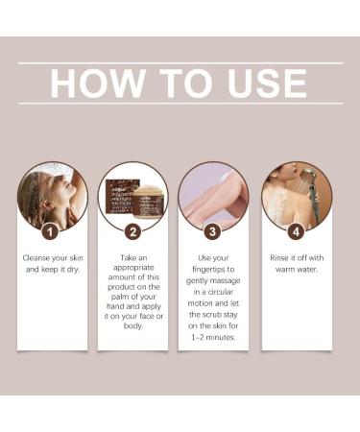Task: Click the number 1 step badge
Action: pyautogui.click(x=50, y=230)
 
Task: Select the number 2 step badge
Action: pyautogui.click(x=132, y=230)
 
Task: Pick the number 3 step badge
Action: pyautogui.click(x=213, y=230)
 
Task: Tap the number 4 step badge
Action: pyautogui.click(x=296, y=230)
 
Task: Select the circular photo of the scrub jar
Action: pyautogui.click(x=132, y=195)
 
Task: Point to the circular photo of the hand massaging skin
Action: pyautogui.click(x=213, y=195)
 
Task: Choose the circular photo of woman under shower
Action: pyautogui.click(x=296, y=195)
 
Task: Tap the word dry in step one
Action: pyautogui.click(x=73, y=272)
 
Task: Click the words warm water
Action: pyautogui.click(x=296, y=272)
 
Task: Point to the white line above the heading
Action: pyautogui.click(x=180, y=63)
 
